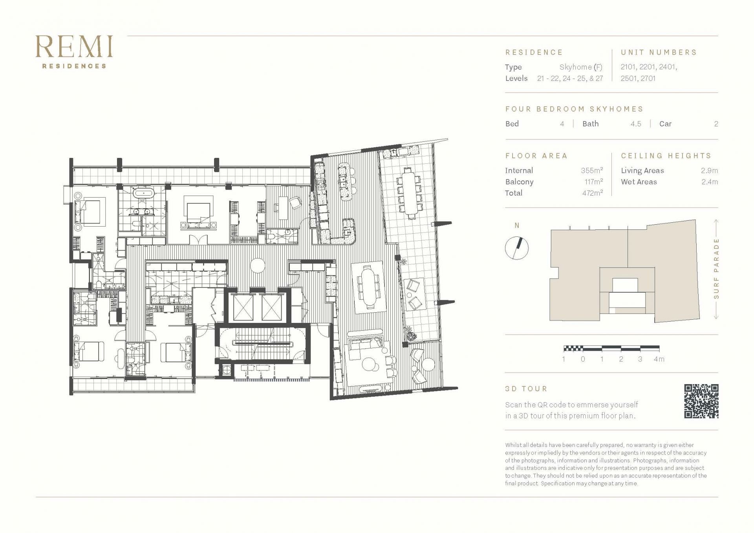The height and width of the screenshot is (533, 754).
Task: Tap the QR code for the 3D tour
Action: tap(701, 401)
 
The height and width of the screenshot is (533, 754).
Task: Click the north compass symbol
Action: tap(516, 248)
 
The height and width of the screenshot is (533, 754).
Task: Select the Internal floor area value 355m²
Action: tap(592, 170)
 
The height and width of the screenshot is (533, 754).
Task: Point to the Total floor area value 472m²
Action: tap(592, 193)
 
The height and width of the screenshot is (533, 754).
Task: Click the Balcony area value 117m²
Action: tap(593, 181)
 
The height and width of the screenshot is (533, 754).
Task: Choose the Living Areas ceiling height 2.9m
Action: tap(709, 170)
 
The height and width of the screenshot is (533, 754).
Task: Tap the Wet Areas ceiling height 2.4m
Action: tap(710, 182)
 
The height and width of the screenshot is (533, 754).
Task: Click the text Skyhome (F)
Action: tap(581, 67)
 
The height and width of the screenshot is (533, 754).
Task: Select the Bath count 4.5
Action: tap(636, 124)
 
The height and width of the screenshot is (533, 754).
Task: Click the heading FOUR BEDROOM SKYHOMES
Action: tap(574, 109)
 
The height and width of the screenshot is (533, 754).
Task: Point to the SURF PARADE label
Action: tap(716, 269)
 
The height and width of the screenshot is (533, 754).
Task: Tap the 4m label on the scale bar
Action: tap(659, 359)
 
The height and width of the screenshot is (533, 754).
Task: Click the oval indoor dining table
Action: tap(368, 286)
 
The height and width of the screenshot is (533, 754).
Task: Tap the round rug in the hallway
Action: tap(258, 265)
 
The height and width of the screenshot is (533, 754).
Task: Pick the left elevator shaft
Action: tap(243, 307)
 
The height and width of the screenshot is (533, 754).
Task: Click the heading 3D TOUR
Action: tap(526, 389)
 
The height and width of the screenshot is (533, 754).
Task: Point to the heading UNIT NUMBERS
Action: tap(659, 52)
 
